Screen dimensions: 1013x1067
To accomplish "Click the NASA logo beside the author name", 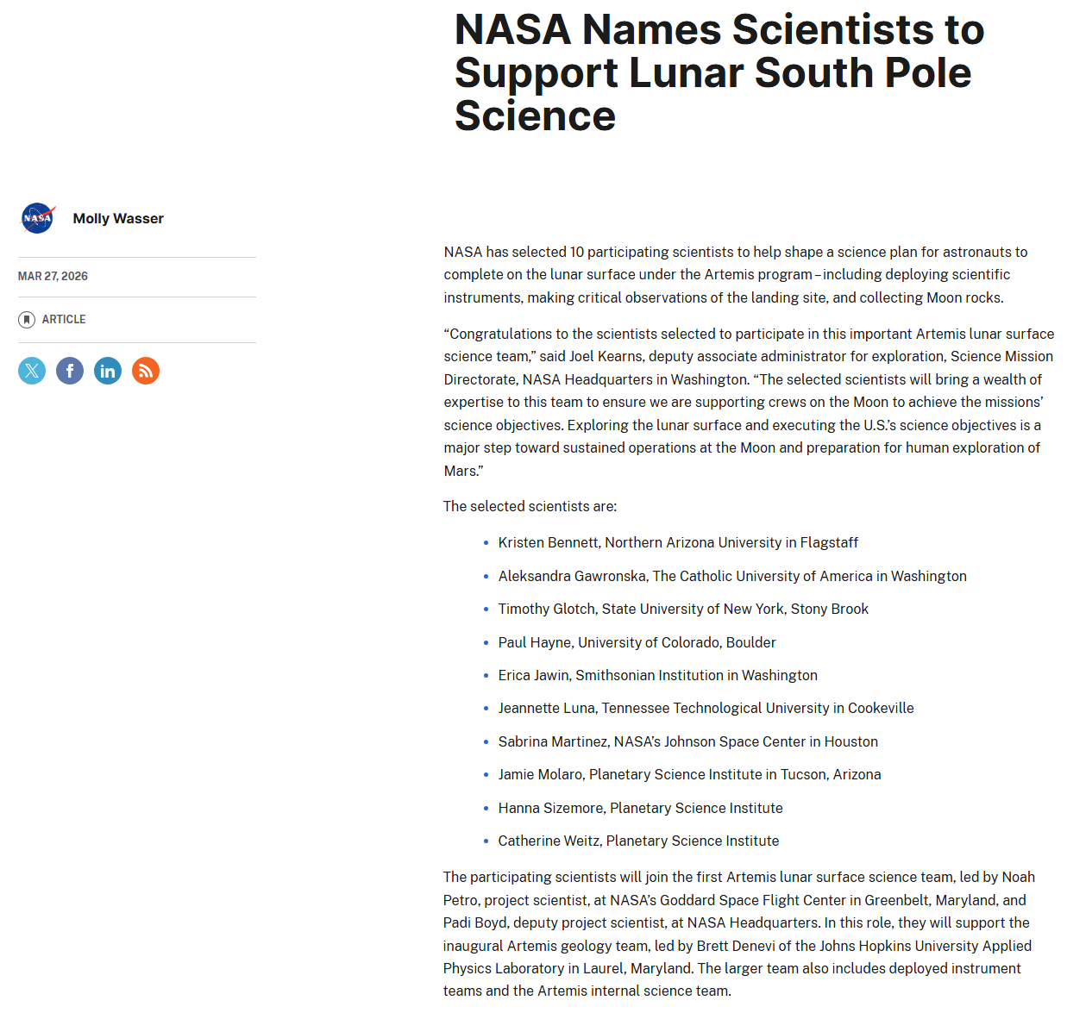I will click(38, 218).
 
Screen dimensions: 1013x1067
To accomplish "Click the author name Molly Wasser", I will click(118, 219).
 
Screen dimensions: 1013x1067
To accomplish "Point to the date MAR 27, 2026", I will click(53, 277).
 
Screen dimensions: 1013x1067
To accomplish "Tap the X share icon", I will click(32, 371).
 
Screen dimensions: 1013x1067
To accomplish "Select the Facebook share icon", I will click(70, 371).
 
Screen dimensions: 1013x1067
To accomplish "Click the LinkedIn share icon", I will click(108, 371).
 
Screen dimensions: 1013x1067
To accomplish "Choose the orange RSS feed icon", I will click(146, 371).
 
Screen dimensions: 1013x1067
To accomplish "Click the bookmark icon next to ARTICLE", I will click(27, 320).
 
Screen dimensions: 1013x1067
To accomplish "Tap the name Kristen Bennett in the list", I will click(548, 543).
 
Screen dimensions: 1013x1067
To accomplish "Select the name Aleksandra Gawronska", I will click(572, 576).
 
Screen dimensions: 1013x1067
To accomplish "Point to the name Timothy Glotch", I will click(546, 610).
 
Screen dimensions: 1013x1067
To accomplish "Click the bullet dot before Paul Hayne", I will click(486, 642).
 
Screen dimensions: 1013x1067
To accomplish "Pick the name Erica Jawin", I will click(534, 676).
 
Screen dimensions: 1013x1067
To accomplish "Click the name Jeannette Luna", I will click(546, 709).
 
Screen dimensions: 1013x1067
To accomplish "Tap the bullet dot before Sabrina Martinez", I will click(486, 741).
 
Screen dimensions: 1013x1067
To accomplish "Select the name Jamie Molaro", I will click(540, 775).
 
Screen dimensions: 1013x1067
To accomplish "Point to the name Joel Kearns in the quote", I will click(606, 357).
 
